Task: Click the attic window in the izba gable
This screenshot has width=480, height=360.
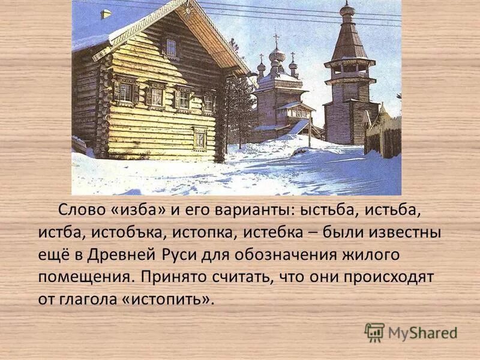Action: (x=171, y=47)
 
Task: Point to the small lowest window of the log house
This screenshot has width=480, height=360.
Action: (x=200, y=140)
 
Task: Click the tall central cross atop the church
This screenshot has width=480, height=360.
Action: (x=276, y=41)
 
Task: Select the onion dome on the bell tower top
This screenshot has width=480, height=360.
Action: (x=347, y=10)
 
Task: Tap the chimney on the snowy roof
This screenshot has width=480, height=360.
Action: (x=106, y=13)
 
